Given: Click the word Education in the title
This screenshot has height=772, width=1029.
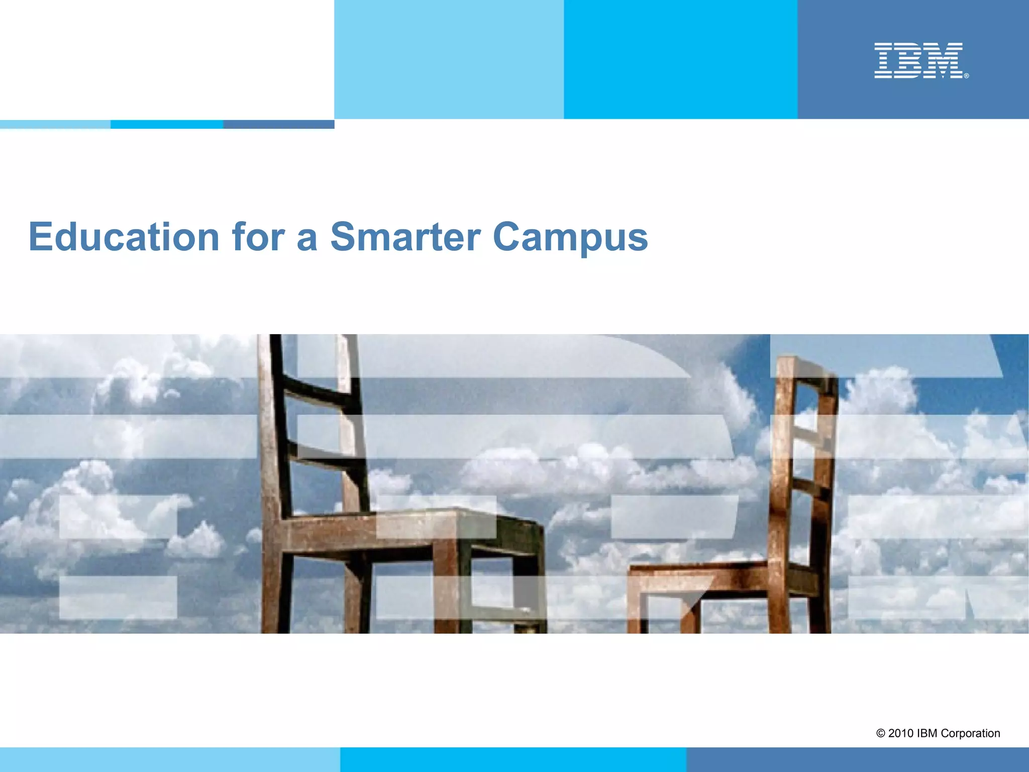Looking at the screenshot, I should [x=124, y=237].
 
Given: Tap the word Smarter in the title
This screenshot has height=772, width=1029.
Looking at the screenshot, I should [x=405, y=237].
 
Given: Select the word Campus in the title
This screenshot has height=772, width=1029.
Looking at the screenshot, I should [x=570, y=238].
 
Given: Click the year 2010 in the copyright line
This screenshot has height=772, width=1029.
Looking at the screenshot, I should [x=900, y=733].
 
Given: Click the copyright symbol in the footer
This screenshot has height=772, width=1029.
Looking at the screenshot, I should [x=880, y=733].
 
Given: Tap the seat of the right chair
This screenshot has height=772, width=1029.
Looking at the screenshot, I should [x=698, y=570].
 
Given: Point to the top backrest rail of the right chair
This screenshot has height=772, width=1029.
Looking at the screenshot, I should [x=806, y=369].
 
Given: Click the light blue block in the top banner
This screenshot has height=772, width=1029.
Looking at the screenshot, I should [x=449, y=59].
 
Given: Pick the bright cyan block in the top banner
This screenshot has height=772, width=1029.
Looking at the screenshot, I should [x=680, y=59].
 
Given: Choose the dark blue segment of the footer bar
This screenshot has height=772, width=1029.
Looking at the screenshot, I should [x=857, y=759].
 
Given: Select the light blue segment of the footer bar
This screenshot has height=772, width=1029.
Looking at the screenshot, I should [x=170, y=759].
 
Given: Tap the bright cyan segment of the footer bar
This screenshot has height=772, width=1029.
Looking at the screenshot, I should [x=513, y=759].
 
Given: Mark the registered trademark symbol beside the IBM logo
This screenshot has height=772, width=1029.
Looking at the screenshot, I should [x=966, y=76].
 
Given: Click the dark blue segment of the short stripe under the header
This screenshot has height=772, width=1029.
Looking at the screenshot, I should [x=279, y=124].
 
